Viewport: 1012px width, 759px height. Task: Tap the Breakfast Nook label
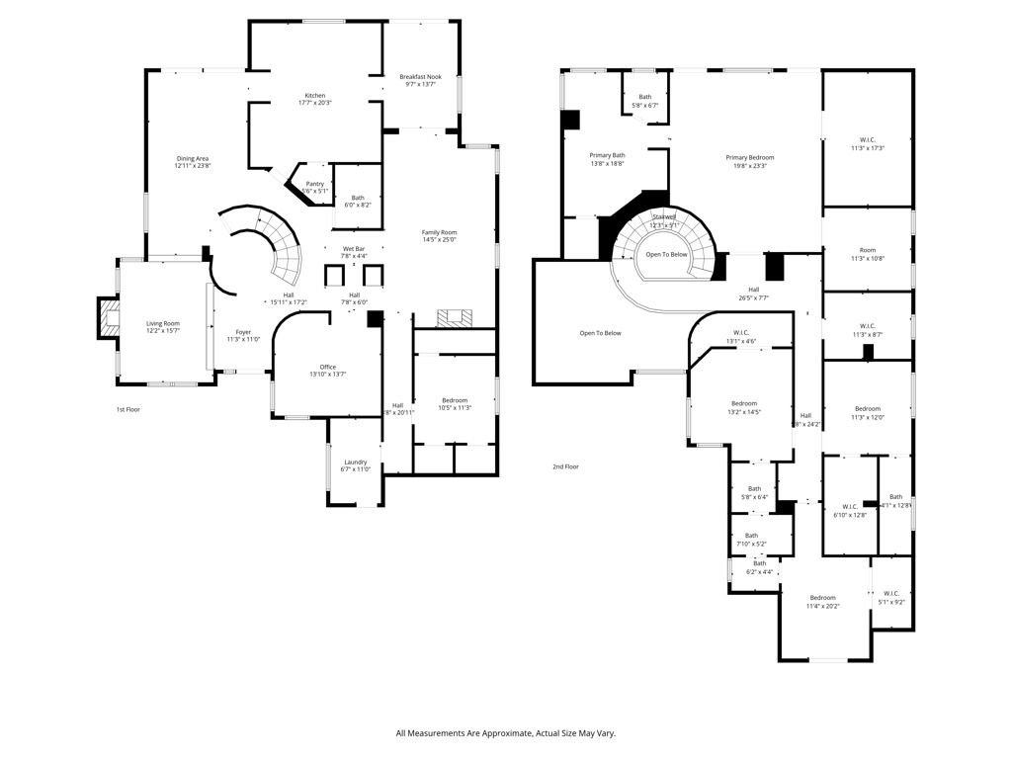421,80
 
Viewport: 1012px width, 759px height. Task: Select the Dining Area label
193,162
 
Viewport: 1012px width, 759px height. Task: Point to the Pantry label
314,187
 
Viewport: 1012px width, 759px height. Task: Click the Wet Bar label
355,251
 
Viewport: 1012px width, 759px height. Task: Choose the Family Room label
439,235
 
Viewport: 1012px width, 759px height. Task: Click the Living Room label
163,326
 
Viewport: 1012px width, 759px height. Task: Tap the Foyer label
243,335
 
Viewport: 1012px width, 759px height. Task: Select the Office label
328,371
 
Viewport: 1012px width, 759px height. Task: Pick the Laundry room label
356,464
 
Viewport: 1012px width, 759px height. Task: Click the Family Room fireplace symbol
456,317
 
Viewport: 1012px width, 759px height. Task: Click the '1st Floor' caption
128,408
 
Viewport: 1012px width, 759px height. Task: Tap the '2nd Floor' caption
565,466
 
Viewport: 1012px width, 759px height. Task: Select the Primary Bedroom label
749,161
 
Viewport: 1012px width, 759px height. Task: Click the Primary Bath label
608,159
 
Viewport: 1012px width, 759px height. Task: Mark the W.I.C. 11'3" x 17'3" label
867,142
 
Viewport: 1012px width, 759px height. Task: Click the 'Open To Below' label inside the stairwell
666,255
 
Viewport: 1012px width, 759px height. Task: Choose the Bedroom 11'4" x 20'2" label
822,601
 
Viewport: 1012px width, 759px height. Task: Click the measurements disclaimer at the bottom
505,733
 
